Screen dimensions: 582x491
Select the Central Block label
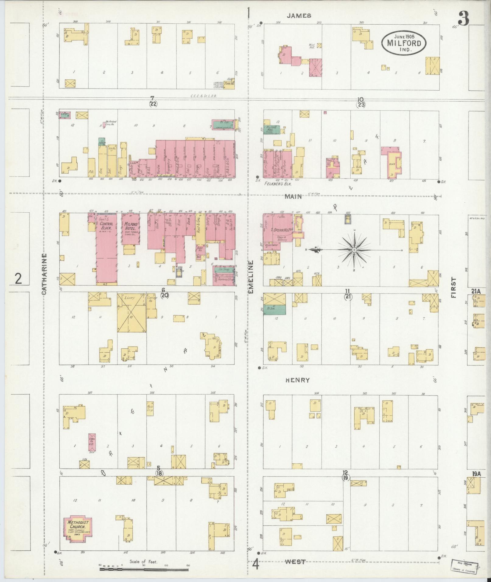tap(106, 225)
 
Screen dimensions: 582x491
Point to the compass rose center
tap(354, 250)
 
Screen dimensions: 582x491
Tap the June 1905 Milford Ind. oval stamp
tap(404, 43)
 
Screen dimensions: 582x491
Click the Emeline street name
tap(251, 277)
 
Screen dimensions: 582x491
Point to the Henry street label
tap(297, 380)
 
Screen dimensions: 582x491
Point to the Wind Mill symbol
tap(319, 45)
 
